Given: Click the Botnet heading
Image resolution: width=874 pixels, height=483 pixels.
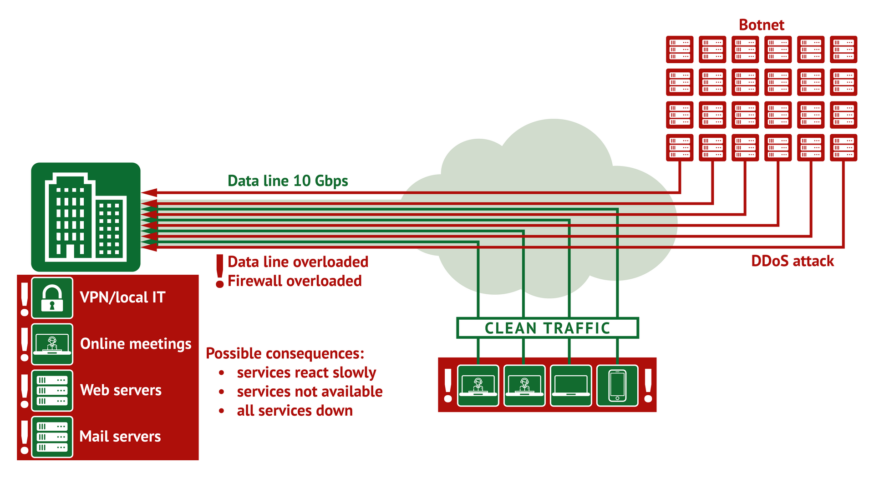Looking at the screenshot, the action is [761, 25].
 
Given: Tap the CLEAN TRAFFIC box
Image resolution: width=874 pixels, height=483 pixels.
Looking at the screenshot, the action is [547, 328].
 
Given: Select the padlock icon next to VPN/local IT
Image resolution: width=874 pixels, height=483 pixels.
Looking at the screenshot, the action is [52, 298].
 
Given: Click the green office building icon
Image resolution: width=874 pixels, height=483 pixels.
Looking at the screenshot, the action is [86, 217].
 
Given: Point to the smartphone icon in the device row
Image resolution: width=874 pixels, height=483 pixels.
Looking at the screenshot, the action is [617, 386].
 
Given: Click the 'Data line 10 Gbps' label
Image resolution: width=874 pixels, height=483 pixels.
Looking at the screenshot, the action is [288, 181].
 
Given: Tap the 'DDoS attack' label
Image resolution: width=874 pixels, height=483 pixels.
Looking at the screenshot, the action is [793, 261].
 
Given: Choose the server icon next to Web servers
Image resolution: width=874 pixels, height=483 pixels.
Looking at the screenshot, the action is [52, 391].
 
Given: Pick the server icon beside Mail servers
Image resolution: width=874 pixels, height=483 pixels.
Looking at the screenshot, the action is [52, 437].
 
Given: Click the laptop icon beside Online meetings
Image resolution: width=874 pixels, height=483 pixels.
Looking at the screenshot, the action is [52, 344].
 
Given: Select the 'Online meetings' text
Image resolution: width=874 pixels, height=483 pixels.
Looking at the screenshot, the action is [136, 344].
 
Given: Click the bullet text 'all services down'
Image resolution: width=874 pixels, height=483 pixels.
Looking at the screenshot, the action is [295, 411].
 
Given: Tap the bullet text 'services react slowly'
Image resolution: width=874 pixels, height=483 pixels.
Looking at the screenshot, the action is [306, 373].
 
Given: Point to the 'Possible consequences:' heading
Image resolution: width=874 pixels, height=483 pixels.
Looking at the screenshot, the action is [285, 354].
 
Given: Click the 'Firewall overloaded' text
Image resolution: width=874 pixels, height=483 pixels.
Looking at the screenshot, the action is [295, 281].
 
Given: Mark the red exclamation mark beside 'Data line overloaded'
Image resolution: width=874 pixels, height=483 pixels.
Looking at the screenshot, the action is [220, 271].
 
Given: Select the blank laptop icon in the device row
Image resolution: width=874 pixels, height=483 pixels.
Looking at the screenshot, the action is [571, 386].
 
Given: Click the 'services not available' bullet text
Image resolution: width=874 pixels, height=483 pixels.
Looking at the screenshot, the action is [310, 392].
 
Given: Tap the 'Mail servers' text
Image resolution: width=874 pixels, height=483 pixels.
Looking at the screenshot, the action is [120, 437].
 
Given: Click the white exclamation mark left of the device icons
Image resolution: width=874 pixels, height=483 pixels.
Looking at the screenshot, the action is [448, 386].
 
